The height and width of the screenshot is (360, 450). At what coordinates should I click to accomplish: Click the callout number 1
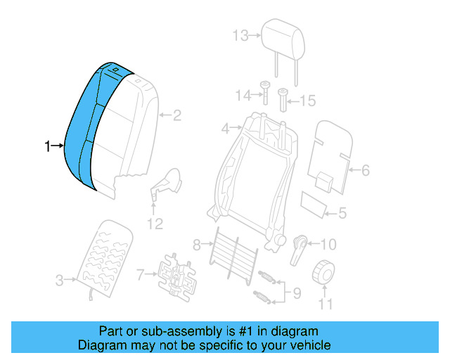click(48, 146)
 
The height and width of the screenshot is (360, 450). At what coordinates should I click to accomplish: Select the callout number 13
click(240, 34)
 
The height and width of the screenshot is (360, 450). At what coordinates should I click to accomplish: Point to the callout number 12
click(154, 224)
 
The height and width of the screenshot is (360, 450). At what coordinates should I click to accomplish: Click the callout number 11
click(324, 304)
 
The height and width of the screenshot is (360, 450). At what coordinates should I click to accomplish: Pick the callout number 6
click(365, 170)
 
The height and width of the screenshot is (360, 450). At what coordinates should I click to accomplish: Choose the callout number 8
click(198, 245)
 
